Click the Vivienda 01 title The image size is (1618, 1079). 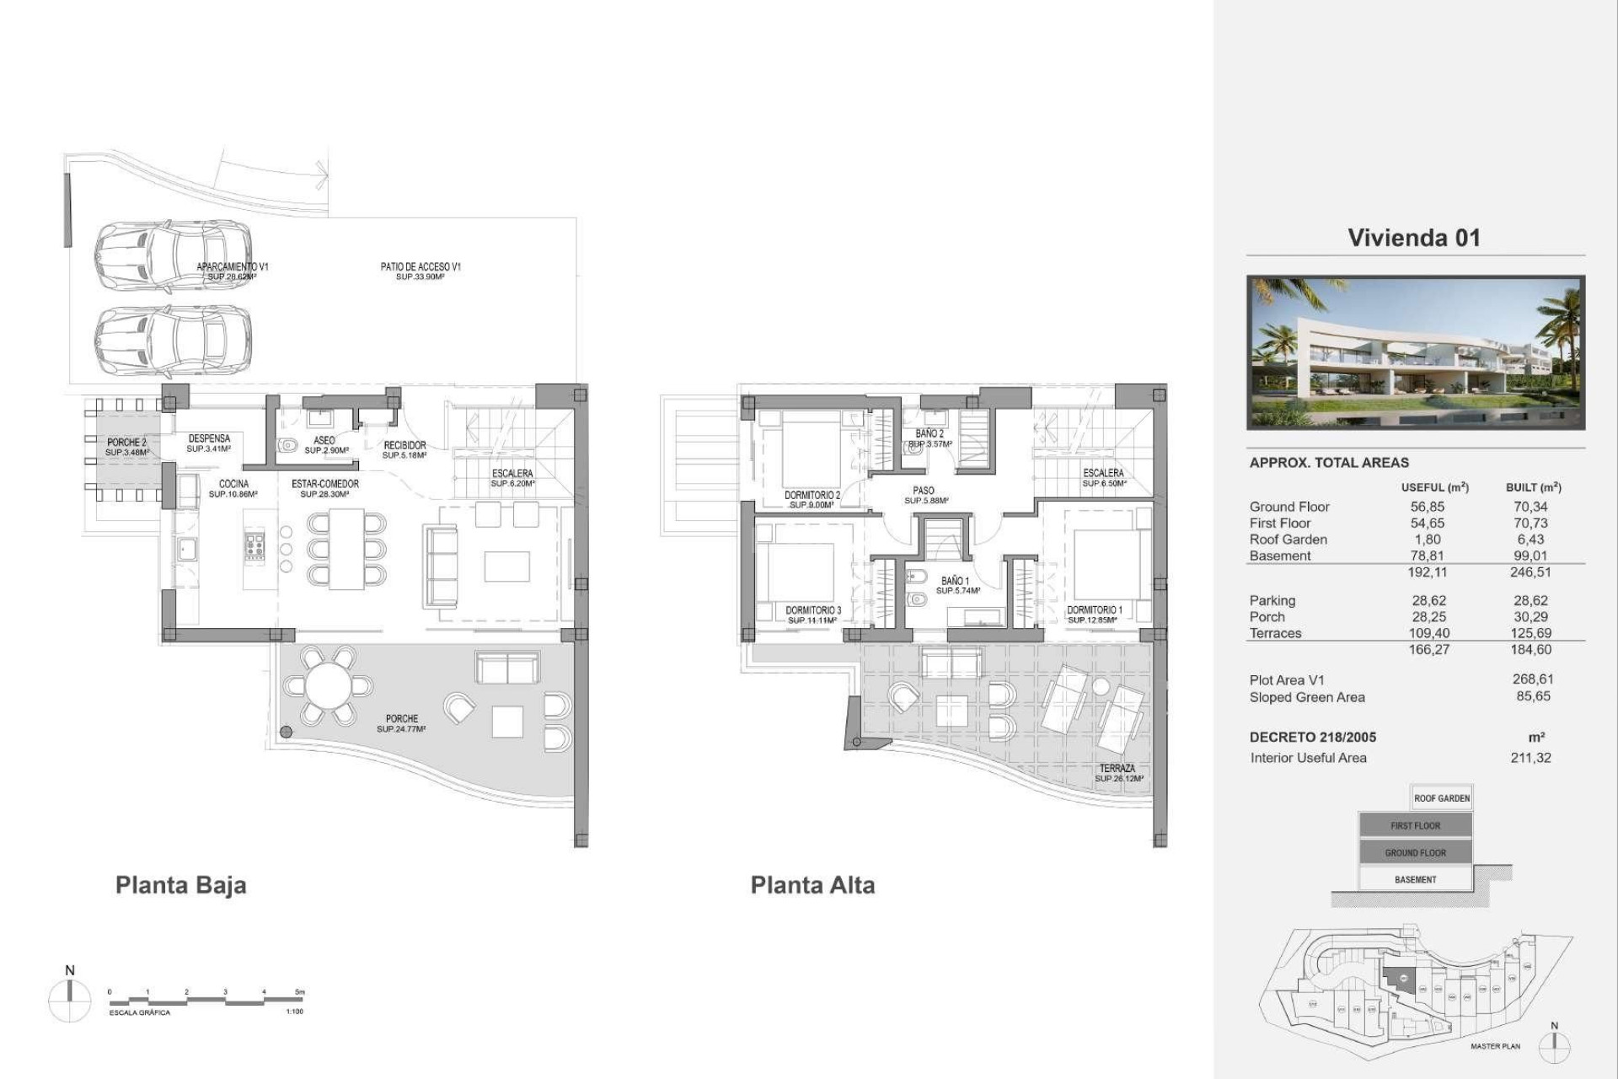pyautogui.click(x=1413, y=238)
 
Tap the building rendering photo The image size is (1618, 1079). pyautogui.click(x=1415, y=352)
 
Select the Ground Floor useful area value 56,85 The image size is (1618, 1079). pyautogui.click(x=1428, y=507)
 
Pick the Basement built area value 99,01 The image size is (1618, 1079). pyautogui.click(x=1530, y=556)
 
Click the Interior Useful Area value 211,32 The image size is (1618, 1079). pyautogui.click(x=1530, y=758)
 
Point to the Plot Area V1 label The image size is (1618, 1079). pyautogui.click(x=1287, y=680)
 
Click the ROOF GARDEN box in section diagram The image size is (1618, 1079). pyautogui.click(x=1441, y=798)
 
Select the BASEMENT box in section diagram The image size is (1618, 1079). pyautogui.click(x=1415, y=879)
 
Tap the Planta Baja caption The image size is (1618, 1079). pyautogui.click(x=180, y=885)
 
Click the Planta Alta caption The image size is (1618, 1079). pyautogui.click(x=812, y=885)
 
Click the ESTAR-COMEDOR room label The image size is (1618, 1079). pyautogui.click(x=325, y=484)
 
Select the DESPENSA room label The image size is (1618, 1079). pyautogui.click(x=209, y=439)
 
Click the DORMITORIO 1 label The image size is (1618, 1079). pyautogui.click(x=1094, y=609)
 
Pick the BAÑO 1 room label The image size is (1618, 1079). pyautogui.click(x=955, y=581)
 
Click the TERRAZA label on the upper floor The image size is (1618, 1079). pyautogui.click(x=1117, y=768)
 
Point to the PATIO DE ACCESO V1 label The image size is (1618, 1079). pyautogui.click(x=421, y=267)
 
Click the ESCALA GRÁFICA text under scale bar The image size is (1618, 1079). pyautogui.click(x=140, y=1012)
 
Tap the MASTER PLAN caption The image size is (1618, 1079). pyautogui.click(x=1495, y=1046)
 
